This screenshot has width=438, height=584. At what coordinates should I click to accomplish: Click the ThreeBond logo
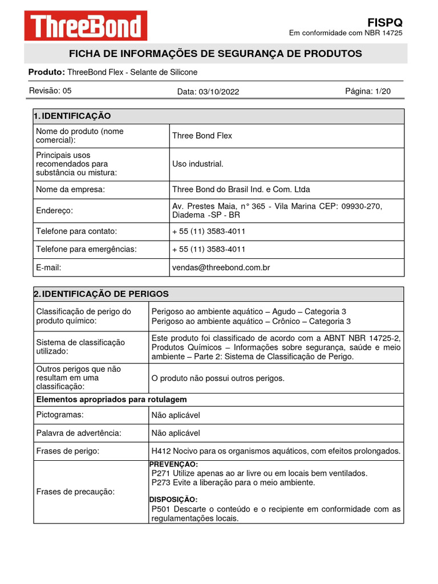tap(86, 26)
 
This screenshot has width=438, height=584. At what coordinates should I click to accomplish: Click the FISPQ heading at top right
tap(385, 22)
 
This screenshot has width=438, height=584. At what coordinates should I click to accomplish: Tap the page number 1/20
tap(383, 91)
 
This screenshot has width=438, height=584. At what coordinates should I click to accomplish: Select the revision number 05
tap(67, 91)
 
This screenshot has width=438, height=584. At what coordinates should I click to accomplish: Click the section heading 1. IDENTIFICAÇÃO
tap(72, 116)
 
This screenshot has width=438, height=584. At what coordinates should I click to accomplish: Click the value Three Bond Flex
tap(202, 136)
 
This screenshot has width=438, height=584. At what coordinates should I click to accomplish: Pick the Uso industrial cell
tap(197, 164)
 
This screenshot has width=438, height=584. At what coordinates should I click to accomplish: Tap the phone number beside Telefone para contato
tap(209, 232)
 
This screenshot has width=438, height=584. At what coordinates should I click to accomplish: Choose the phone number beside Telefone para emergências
tap(209, 249)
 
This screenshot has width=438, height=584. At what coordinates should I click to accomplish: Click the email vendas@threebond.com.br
tap(221, 267)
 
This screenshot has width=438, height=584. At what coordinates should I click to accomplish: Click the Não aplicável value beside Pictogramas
tap(176, 415)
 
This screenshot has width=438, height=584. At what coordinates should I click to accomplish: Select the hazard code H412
tap(161, 451)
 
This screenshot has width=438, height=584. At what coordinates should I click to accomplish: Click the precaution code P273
tap(161, 482)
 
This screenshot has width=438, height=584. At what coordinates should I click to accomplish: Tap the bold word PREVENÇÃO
tap(173, 465)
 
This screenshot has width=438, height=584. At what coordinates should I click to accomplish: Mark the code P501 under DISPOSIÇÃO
tap(161, 509)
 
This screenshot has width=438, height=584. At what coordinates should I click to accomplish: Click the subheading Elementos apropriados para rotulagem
tap(111, 399)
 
